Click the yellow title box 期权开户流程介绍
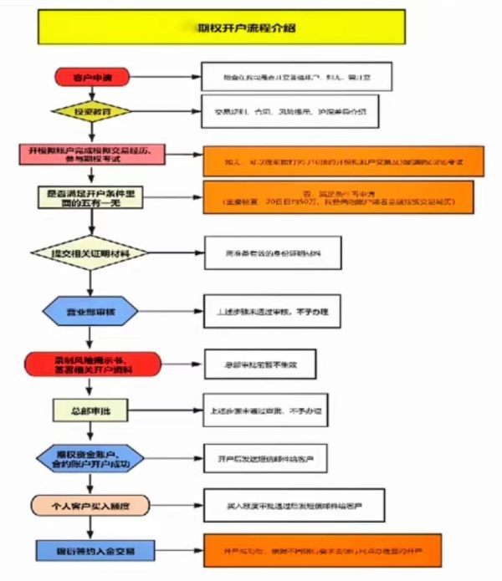coord(223,27)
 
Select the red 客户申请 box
coord(94,78)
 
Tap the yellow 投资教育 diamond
coord(94,111)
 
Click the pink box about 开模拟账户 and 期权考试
coord(94,154)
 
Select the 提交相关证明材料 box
coord(94,252)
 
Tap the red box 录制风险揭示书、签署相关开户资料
coord(94,364)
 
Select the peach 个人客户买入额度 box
coord(94,506)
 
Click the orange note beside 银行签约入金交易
coord(322,552)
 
